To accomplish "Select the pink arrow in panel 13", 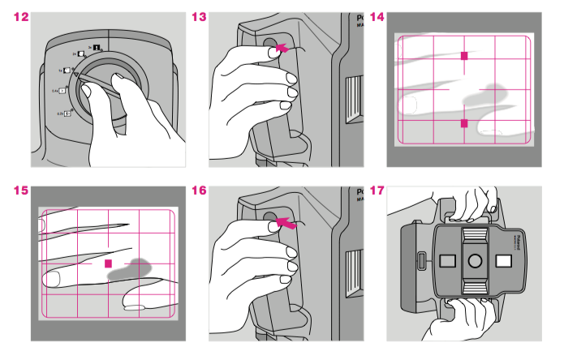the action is (282, 49).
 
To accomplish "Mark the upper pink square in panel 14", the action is (464, 56).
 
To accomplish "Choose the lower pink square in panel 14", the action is (464, 123).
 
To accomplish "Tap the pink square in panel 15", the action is (108, 264).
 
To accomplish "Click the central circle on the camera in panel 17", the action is (475, 260).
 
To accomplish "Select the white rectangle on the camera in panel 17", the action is (502, 260).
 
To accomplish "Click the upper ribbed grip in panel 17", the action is (475, 235).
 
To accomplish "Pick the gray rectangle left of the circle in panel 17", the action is (447, 260).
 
